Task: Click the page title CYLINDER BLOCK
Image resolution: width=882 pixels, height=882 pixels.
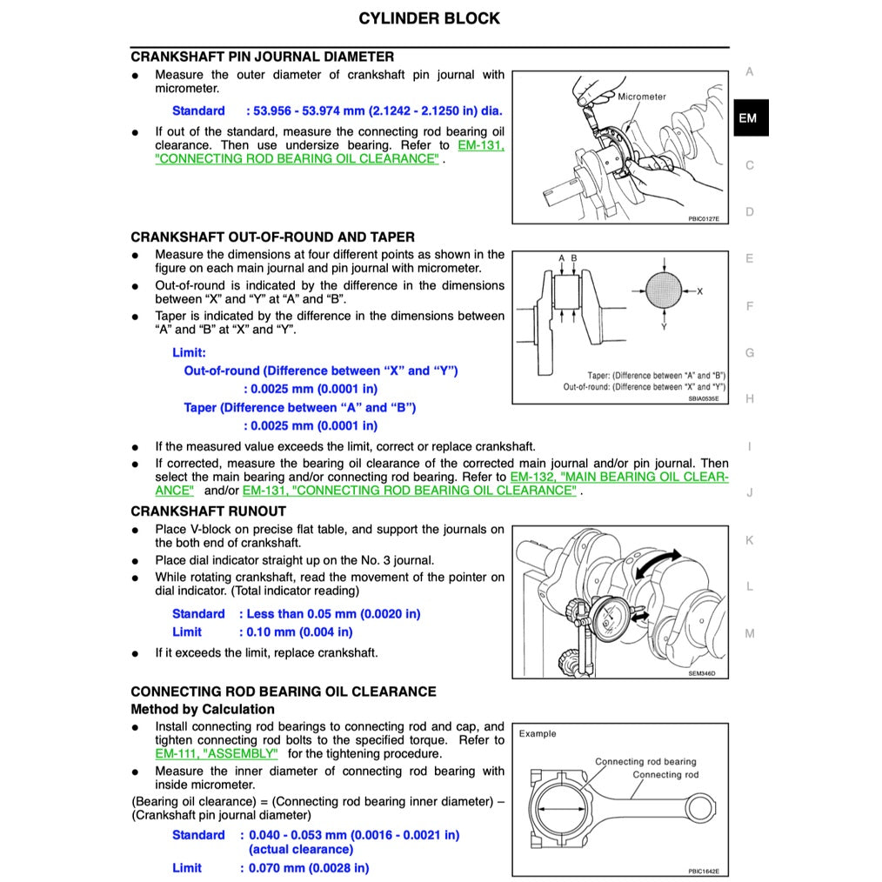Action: (x=430, y=18)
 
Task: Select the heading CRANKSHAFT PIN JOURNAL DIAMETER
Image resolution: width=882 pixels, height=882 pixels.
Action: (x=262, y=57)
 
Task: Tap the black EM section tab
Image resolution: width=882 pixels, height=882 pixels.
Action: (x=747, y=118)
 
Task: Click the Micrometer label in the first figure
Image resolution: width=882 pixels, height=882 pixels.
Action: (x=642, y=97)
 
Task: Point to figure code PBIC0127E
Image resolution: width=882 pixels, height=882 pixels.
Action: (x=703, y=219)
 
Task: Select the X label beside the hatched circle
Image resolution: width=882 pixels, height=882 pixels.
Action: (x=699, y=291)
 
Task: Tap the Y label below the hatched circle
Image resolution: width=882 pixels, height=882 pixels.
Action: (x=664, y=327)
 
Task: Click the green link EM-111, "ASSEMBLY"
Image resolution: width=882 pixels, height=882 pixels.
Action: (x=217, y=754)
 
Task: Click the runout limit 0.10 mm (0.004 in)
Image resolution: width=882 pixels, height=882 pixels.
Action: (x=296, y=632)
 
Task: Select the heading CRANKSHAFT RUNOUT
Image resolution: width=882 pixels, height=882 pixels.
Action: (x=208, y=511)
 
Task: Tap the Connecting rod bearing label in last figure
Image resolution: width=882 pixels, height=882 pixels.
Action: (x=645, y=761)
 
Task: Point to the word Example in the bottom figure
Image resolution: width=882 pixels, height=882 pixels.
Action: (x=538, y=733)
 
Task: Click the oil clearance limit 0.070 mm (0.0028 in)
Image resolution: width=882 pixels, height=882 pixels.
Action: (x=304, y=867)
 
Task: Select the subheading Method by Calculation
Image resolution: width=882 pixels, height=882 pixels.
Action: (x=202, y=709)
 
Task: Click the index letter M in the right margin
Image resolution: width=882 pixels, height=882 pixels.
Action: (x=749, y=633)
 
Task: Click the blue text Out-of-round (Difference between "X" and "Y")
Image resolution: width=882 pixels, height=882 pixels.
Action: (x=320, y=371)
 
